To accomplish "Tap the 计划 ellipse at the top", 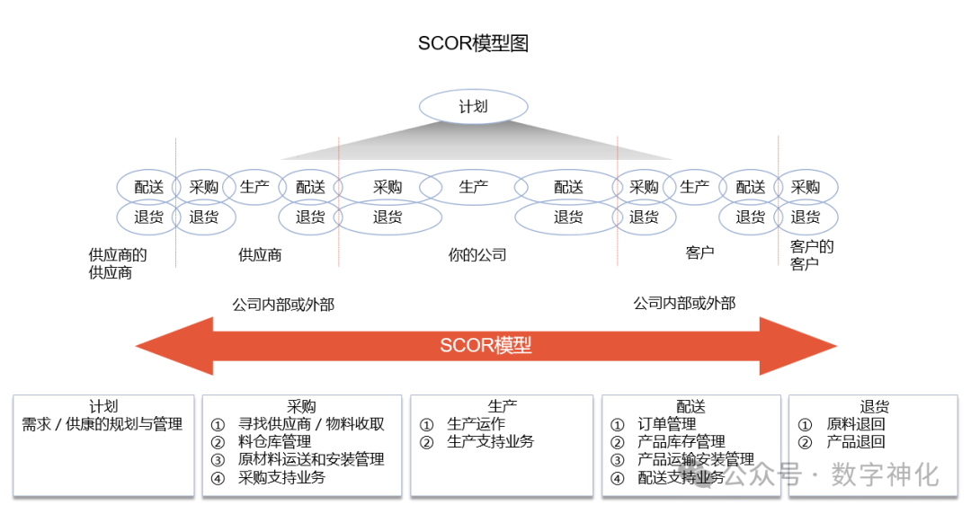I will pyautogui.click(x=473, y=107).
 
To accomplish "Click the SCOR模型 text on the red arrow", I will pyautogui.click(x=485, y=346).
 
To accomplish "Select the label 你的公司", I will pyautogui.click(x=477, y=254).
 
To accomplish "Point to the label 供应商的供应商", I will pyautogui.click(x=118, y=263).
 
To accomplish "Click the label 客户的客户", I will pyautogui.click(x=811, y=255).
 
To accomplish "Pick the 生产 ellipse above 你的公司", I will pyautogui.click(x=474, y=187).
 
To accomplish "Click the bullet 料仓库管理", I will pyautogui.click(x=274, y=442).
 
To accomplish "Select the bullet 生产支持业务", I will pyautogui.click(x=490, y=442).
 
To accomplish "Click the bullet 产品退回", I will pyautogui.click(x=856, y=442).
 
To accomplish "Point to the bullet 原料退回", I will pyautogui.click(x=856, y=424).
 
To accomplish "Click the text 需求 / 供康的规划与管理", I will pyautogui.click(x=102, y=424).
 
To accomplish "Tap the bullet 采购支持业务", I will pyautogui.click(x=281, y=478).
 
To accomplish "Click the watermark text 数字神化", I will pyautogui.click(x=885, y=474).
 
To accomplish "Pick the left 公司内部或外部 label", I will pyautogui.click(x=283, y=305).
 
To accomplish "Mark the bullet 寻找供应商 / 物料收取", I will pyautogui.click(x=311, y=424).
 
